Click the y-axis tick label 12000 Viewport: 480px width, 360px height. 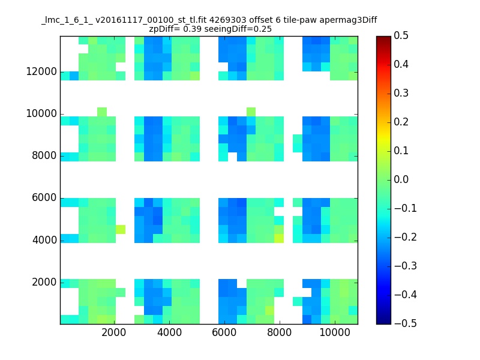click(41, 71)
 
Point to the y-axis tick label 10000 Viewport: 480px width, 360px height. click(41, 113)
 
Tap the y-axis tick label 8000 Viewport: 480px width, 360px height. click(44, 155)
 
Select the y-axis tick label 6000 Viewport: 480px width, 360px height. click(44, 197)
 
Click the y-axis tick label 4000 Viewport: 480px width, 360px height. click(44, 239)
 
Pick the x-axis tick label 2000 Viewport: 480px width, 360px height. click(114, 332)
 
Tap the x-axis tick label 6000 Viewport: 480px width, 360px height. click(224, 332)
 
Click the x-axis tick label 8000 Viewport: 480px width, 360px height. click(279, 332)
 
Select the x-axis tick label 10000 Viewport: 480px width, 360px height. click(335, 332)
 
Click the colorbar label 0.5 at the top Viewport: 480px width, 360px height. click(401, 35)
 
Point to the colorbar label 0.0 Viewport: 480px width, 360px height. click(401, 179)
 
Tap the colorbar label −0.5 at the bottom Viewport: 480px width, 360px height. click(406, 323)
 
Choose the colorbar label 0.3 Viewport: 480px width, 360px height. click(401, 93)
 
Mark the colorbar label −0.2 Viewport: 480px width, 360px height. click(406, 237)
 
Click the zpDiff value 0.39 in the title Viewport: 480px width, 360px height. click(192, 29)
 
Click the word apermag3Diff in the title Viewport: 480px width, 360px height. click(349, 20)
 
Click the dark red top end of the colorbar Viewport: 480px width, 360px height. click(383, 38)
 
